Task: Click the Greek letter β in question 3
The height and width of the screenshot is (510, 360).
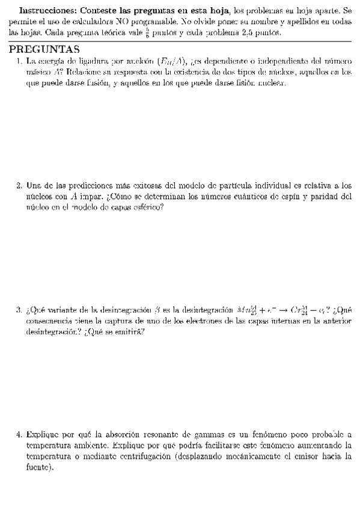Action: pos(157,310)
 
